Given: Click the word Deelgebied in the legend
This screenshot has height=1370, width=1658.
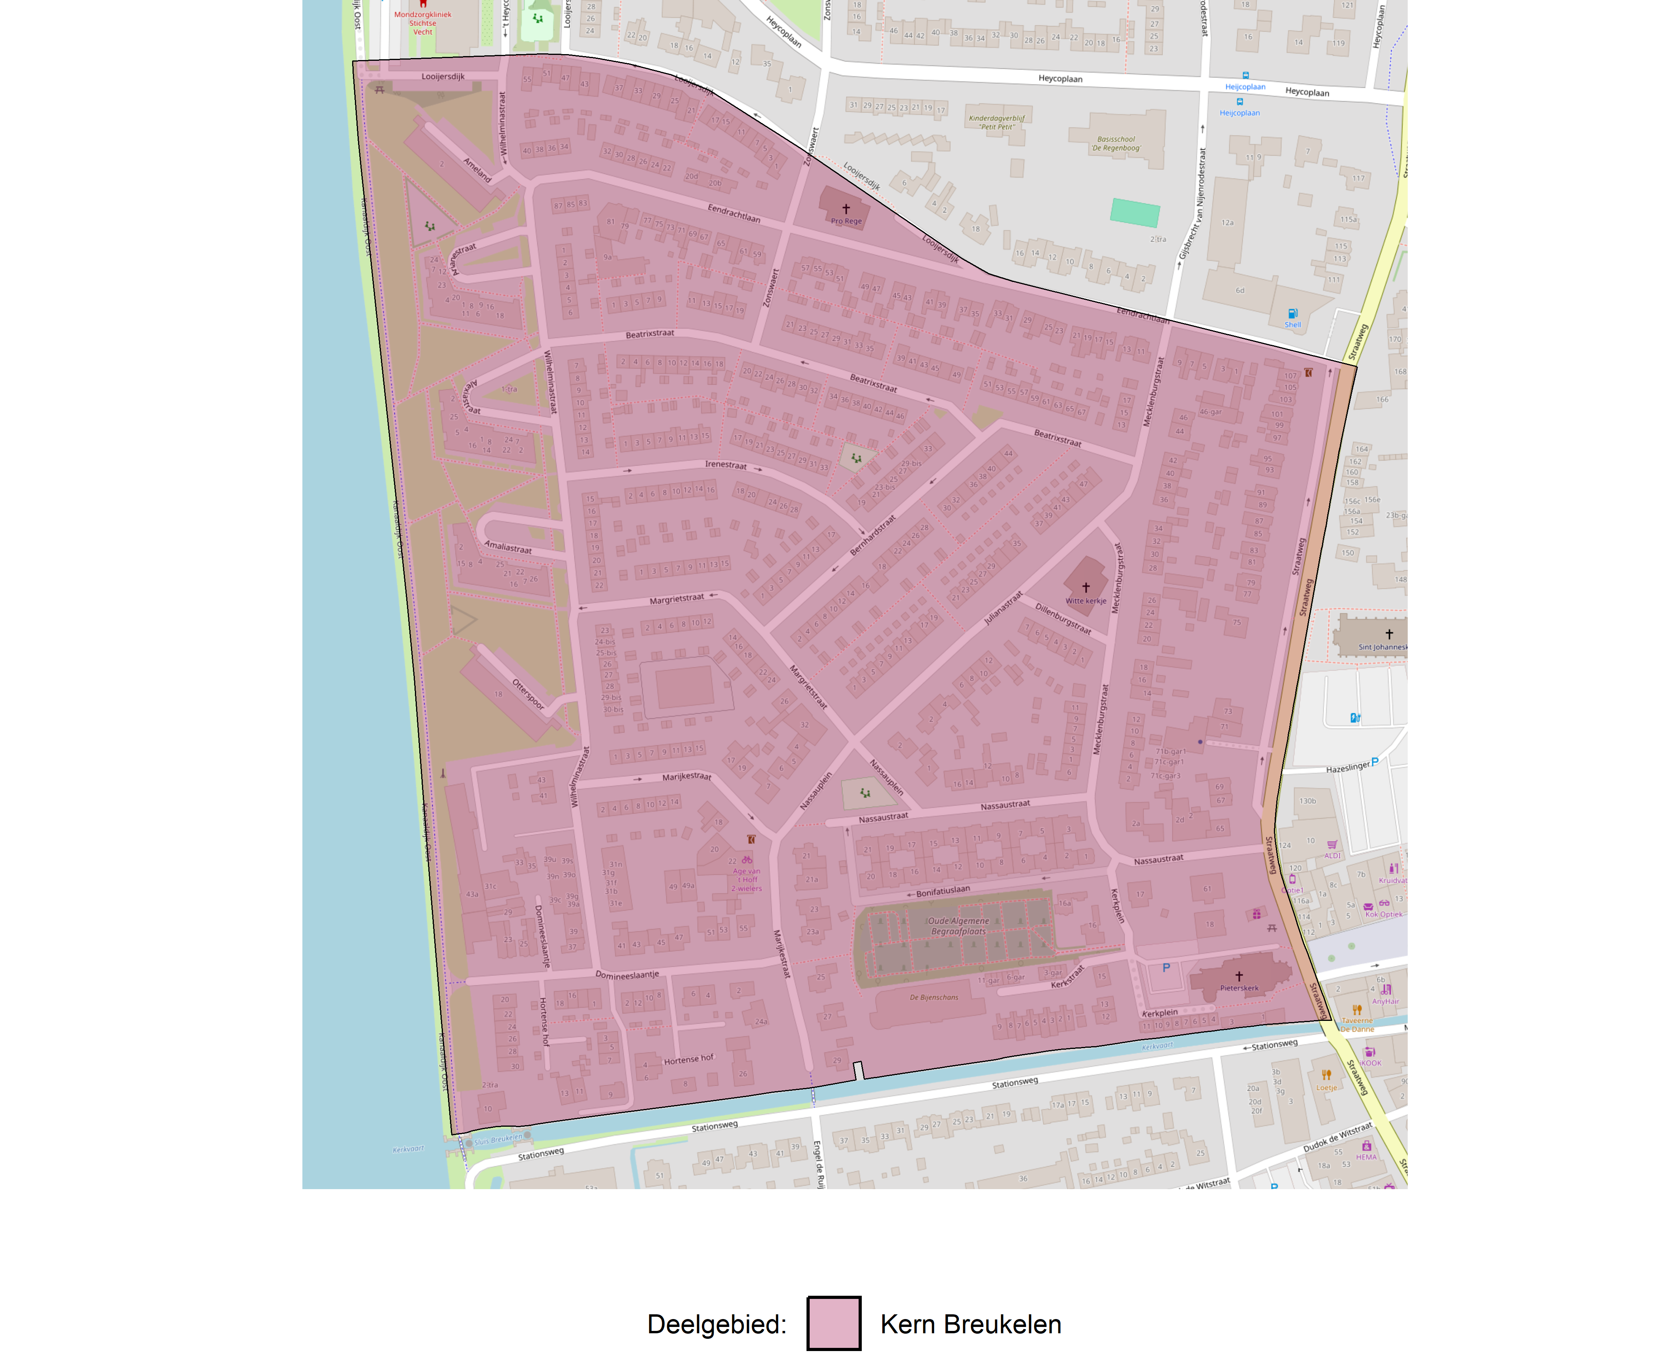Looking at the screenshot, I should coord(715,1324).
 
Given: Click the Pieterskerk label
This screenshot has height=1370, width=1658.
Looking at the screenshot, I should coord(1239,988).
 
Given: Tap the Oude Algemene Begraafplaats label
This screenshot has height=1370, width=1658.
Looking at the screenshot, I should coord(958,926).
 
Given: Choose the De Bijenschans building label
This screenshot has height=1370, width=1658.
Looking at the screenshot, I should coord(934,998).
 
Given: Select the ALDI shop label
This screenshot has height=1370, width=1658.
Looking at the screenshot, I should coord(1332,855).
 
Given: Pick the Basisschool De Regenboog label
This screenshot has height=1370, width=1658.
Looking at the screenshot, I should coord(1116,144).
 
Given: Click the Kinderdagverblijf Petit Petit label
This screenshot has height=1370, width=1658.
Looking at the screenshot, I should coord(997,122).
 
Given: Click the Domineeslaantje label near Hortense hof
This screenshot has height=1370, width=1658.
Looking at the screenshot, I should coord(627,975).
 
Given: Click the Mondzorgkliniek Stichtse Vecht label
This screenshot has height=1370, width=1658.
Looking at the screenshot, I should coord(423,23).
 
